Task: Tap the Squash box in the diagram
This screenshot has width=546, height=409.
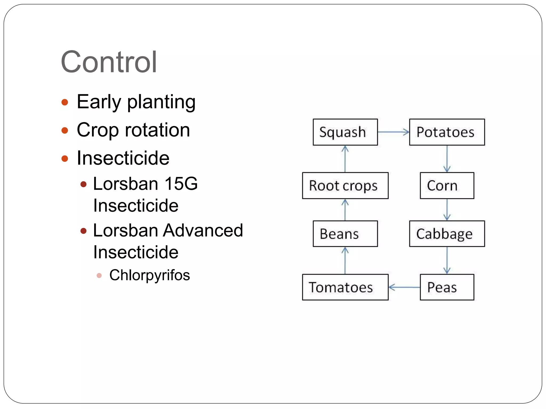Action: [345, 132]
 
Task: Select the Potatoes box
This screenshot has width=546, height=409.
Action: [447, 132]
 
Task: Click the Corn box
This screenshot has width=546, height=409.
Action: [447, 186]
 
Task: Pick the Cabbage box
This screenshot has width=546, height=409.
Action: [447, 234]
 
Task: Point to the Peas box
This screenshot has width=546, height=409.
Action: [447, 287]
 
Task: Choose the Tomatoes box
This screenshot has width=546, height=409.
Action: [345, 287]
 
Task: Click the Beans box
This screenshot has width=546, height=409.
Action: [345, 234]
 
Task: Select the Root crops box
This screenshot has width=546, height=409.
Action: [345, 186]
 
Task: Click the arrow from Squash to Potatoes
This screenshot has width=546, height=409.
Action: [394, 132]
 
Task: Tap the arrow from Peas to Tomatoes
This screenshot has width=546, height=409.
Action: [404, 287]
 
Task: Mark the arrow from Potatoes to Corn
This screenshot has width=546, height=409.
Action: [447, 159]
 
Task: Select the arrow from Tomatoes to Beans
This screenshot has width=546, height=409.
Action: [345, 260]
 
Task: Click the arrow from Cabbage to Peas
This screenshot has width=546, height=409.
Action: [447, 260]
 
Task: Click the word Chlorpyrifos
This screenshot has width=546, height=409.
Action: [150, 275]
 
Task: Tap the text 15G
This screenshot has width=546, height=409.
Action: [181, 184]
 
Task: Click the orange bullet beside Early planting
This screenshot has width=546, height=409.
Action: [65, 102]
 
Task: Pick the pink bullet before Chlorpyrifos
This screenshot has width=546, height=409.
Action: [99, 275]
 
